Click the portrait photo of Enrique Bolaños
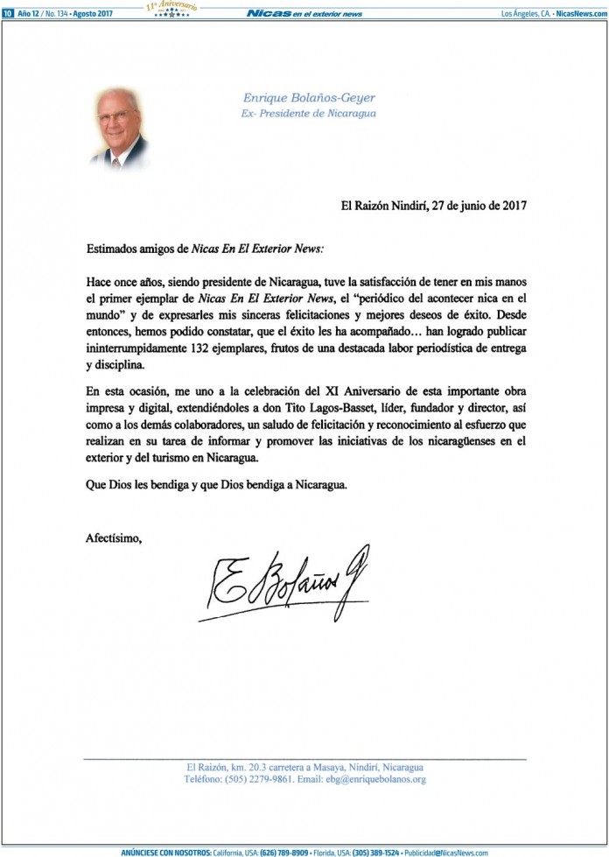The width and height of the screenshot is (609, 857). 120,128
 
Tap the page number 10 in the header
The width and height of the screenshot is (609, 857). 7,13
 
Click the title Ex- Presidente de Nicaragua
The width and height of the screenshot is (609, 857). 296,114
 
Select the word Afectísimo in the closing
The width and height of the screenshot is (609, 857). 113,537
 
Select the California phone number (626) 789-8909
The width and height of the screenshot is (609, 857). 288,852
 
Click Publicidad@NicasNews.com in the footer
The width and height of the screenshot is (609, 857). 447,852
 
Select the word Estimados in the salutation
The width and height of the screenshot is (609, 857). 111,249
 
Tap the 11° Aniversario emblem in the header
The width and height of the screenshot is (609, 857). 172,10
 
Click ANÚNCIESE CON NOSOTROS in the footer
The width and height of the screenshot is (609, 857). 165,852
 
